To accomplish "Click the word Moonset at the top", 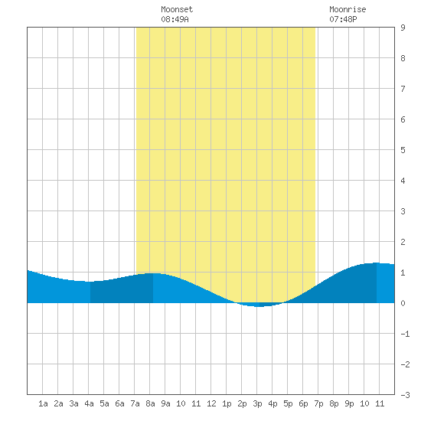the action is coord(177,9).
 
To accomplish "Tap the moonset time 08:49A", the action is coord(175,19).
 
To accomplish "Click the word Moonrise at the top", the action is coord(348,9).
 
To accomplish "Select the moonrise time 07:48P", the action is coord(343,19).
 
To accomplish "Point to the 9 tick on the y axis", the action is coord(403,28).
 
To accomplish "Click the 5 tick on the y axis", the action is coord(403,150).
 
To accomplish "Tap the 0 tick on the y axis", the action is coord(403,303).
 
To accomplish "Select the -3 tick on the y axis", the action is coord(405,395).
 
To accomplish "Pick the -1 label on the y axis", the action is coord(405,334).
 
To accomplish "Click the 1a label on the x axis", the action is coord(43,403).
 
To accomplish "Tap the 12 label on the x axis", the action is coord(211,403).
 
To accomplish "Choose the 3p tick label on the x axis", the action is coord(257,403).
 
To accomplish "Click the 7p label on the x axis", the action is coord(318,403).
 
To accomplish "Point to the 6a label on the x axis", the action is coord(119,403).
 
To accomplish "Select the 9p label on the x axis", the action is coord(349,403).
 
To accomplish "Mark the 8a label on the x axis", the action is coord(150,403).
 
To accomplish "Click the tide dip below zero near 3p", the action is coord(258,305).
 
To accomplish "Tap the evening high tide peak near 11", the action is coord(377,263).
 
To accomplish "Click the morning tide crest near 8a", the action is coord(153,273).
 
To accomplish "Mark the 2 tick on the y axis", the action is coord(403,242).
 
